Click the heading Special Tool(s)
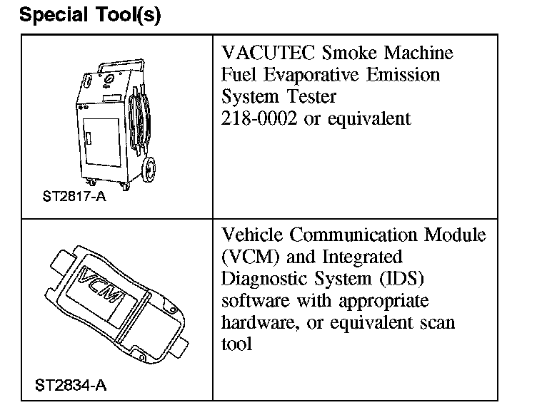(90, 15)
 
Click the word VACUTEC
(268, 53)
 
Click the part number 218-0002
(259, 118)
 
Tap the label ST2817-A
(74, 196)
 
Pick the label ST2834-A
(71, 385)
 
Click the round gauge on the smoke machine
(109, 81)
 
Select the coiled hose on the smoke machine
(139, 119)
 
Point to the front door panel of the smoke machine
(102, 142)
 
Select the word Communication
(353, 235)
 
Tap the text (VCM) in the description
(251, 257)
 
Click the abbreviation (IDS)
(401, 279)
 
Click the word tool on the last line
(236, 344)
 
